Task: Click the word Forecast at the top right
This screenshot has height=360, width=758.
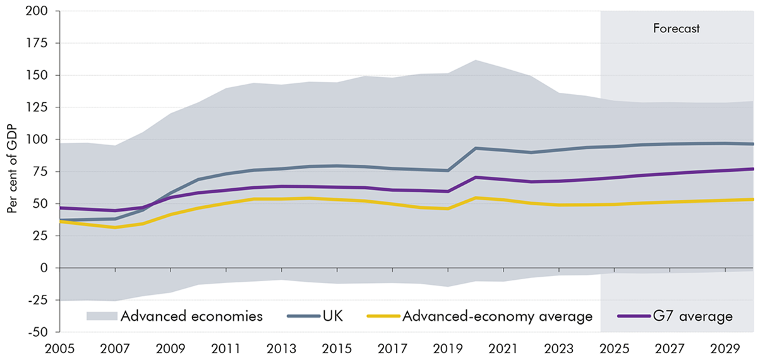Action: tap(677, 29)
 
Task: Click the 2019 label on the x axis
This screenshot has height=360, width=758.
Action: tap(448, 348)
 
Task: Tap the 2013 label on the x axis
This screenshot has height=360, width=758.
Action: tap(282, 348)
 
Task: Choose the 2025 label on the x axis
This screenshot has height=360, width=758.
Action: tap(614, 348)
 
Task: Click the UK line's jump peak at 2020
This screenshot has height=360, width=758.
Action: tap(476, 148)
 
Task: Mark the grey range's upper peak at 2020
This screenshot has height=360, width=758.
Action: tap(476, 61)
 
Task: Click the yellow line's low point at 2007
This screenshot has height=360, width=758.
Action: tap(116, 227)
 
